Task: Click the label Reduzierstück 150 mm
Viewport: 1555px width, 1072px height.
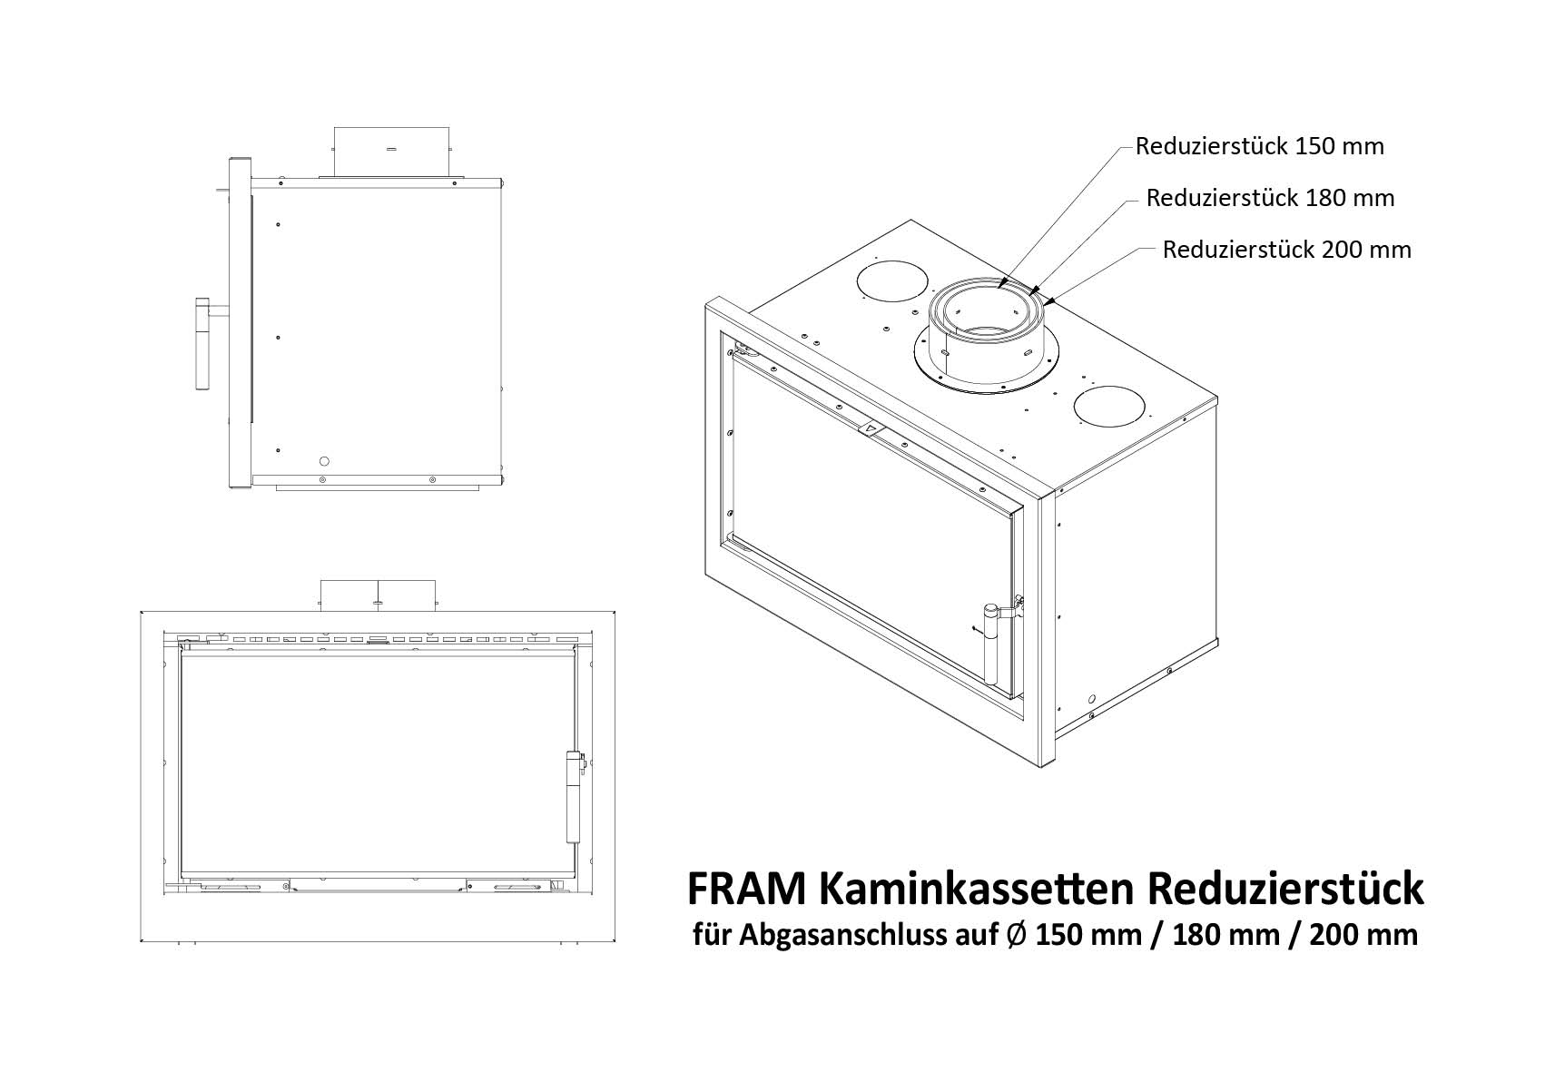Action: tap(1259, 146)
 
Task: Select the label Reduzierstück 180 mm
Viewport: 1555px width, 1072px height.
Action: tap(1270, 199)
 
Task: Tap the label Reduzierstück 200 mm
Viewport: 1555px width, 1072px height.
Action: tap(1287, 250)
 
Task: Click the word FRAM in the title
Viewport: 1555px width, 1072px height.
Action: tap(746, 890)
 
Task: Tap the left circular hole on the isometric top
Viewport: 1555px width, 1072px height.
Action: tap(892, 281)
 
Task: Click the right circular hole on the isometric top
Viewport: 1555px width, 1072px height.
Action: tap(1109, 406)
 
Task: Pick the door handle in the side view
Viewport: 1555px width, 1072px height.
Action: tap(202, 344)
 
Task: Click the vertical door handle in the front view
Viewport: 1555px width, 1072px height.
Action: tap(574, 796)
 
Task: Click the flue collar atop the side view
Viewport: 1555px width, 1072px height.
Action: tap(391, 152)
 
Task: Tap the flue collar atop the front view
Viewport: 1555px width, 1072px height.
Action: tap(378, 595)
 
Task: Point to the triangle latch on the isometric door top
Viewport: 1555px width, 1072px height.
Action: tap(868, 429)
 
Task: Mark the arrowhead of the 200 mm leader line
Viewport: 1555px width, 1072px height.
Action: tap(1048, 302)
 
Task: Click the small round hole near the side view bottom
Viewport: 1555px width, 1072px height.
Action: tap(323, 461)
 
